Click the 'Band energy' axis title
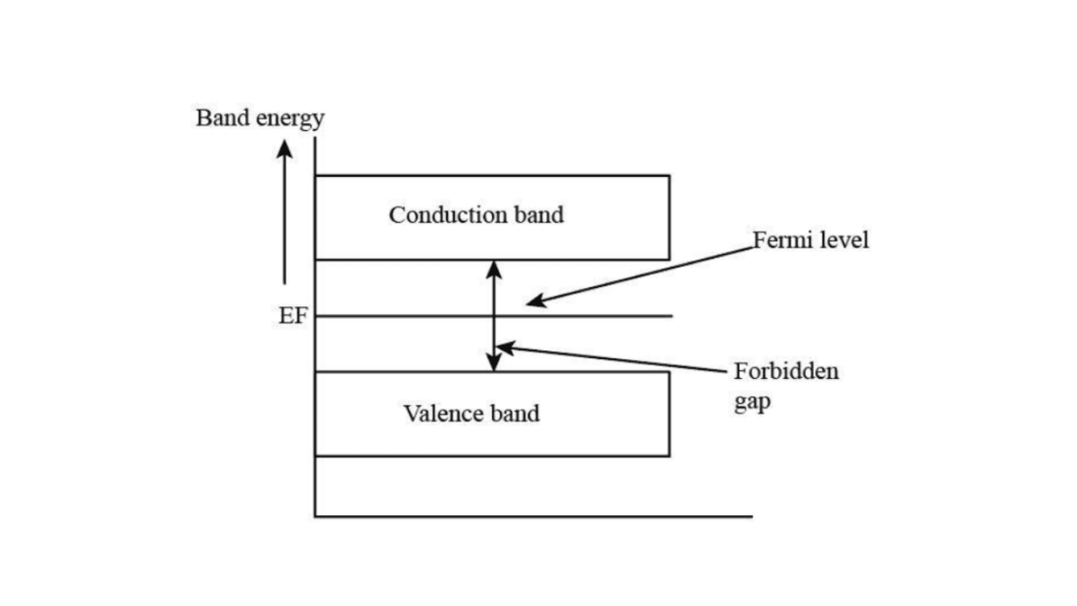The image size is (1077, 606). pyautogui.click(x=259, y=119)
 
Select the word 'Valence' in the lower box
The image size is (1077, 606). pyautogui.click(x=437, y=414)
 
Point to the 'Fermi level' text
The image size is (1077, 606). pyautogui.click(x=810, y=241)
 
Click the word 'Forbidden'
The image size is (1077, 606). pyautogui.click(x=786, y=372)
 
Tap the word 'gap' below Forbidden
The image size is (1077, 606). pyautogui.click(x=752, y=401)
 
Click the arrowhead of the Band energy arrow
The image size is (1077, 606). pyautogui.click(x=285, y=147)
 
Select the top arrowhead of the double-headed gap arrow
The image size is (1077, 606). pyautogui.click(x=494, y=268)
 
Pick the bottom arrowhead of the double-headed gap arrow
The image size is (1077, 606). pyautogui.click(x=494, y=363)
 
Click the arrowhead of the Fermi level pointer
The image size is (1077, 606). pyautogui.click(x=534, y=303)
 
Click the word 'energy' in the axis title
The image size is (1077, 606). pyautogui.click(x=291, y=119)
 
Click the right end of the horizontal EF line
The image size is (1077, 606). pyautogui.click(x=671, y=316)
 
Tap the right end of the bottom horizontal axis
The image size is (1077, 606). pyautogui.click(x=750, y=516)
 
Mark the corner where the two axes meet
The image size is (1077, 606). pyautogui.click(x=315, y=516)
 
